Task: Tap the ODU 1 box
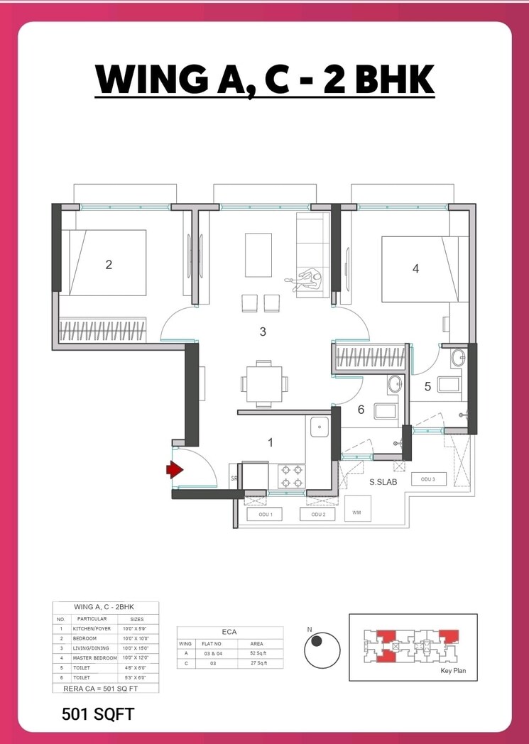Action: point(264,514)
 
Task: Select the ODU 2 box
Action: point(317,514)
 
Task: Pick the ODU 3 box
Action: point(427,480)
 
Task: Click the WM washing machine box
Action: point(356,510)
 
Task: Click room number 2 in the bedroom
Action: point(109,265)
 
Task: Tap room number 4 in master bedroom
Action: point(415,268)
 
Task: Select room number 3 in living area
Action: point(263,332)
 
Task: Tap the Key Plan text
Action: point(453,671)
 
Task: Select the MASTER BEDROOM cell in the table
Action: point(94,657)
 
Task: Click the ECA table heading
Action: point(229,632)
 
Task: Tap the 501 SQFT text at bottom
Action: point(97,713)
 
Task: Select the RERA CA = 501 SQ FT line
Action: point(105,688)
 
